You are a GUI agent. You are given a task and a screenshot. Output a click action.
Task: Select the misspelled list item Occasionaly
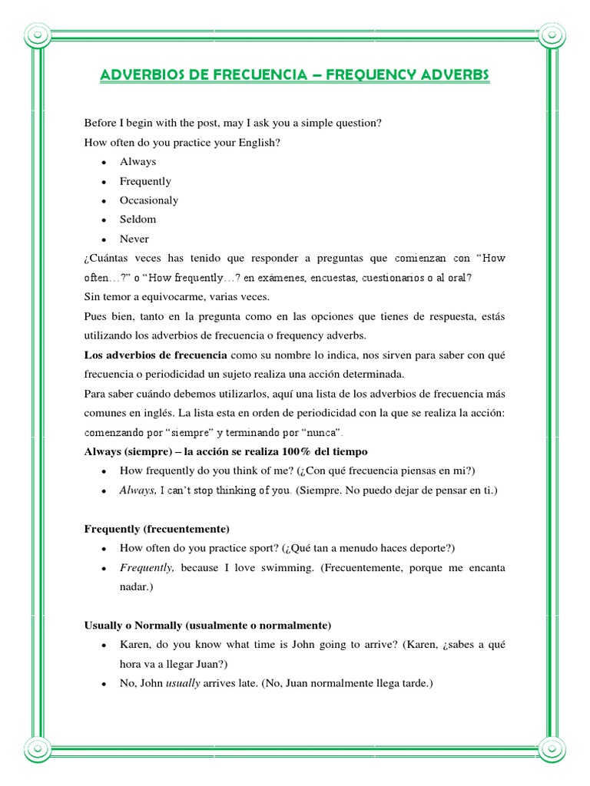(148, 200)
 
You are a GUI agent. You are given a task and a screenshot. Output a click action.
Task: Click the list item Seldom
(138, 220)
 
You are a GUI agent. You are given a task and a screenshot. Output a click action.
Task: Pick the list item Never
(134, 239)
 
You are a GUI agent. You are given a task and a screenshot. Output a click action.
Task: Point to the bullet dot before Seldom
(103, 220)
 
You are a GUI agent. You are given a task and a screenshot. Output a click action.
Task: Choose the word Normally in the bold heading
(163, 626)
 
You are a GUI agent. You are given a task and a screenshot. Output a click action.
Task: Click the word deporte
(433, 548)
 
